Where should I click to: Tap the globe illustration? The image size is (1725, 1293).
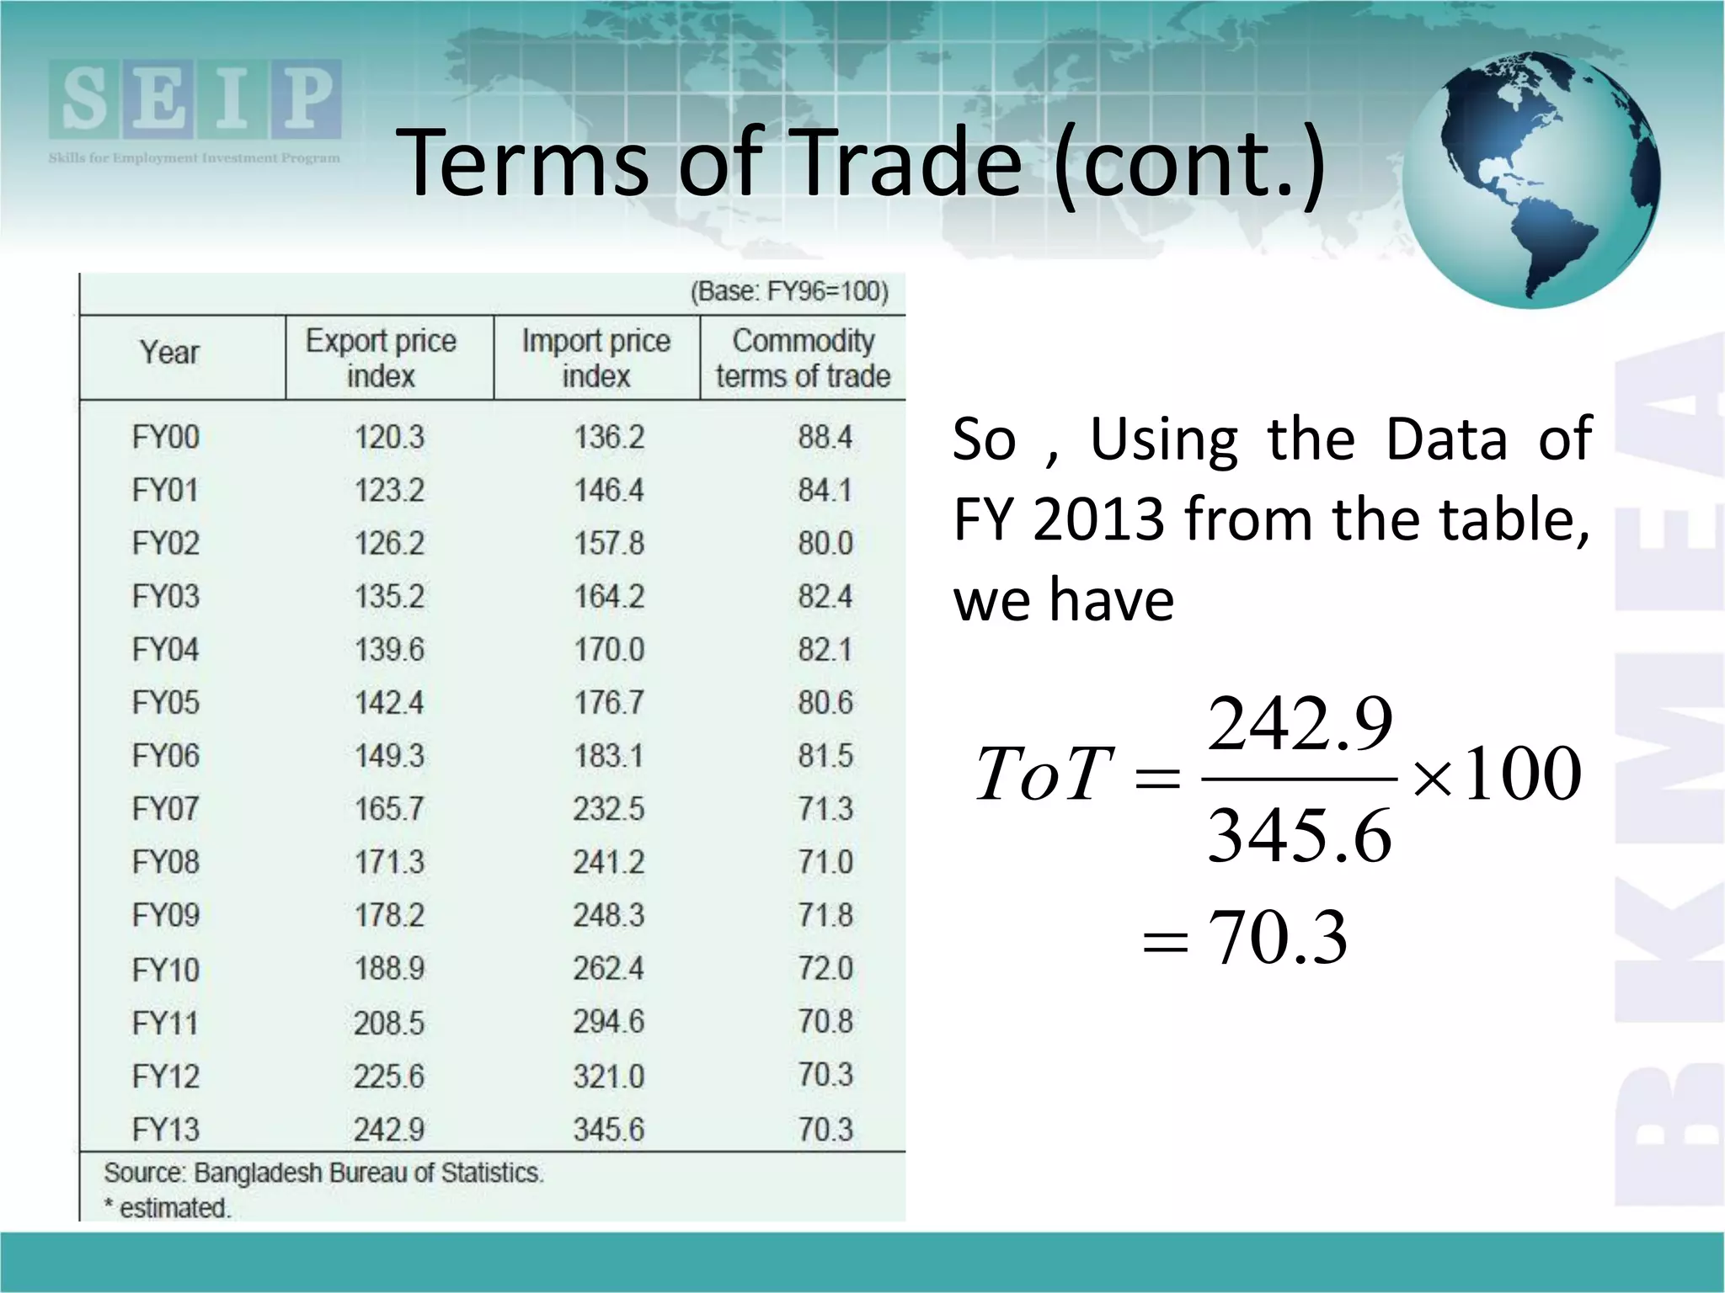1531,179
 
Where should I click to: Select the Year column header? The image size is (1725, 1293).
169,352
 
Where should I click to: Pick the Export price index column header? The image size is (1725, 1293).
381,358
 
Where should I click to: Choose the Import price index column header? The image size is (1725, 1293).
596,358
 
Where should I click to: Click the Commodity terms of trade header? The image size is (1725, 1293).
803,358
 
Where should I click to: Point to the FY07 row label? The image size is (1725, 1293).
166,809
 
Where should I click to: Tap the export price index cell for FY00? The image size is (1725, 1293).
389,438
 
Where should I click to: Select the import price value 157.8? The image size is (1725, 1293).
609,544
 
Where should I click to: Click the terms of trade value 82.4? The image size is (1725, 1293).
825,597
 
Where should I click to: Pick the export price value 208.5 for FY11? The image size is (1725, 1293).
389,1023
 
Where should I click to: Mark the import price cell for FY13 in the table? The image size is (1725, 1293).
609,1130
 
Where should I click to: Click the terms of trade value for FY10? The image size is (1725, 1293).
825,968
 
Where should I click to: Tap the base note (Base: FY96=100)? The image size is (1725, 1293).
789,292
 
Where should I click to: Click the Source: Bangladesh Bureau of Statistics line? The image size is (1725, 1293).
324,1173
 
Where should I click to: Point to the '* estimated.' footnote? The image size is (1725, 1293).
167,1208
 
